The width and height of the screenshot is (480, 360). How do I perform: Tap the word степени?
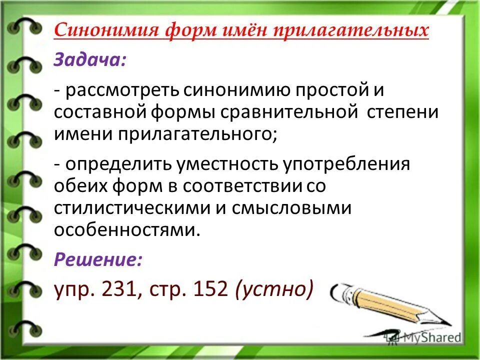[401, 111]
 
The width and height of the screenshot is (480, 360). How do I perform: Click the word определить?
[118, 164]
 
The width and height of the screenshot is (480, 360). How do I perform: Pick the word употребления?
[349, 164]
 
